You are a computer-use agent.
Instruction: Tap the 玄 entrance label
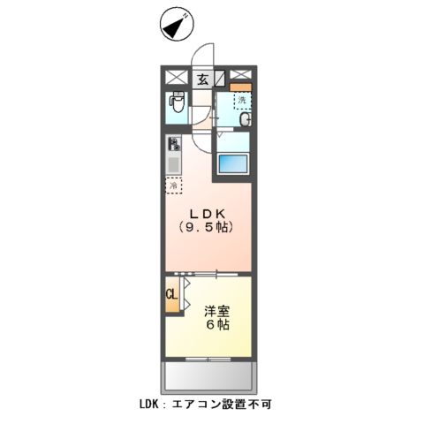click(202, 79)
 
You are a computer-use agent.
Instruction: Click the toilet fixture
click(175, 106)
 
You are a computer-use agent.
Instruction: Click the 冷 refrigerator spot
click(174, 186)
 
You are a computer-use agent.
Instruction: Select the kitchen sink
click(173, 164)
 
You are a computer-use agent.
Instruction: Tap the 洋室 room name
click(217, 311)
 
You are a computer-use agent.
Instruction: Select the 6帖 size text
click(217, 325)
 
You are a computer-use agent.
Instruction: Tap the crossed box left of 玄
click(175, 77)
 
